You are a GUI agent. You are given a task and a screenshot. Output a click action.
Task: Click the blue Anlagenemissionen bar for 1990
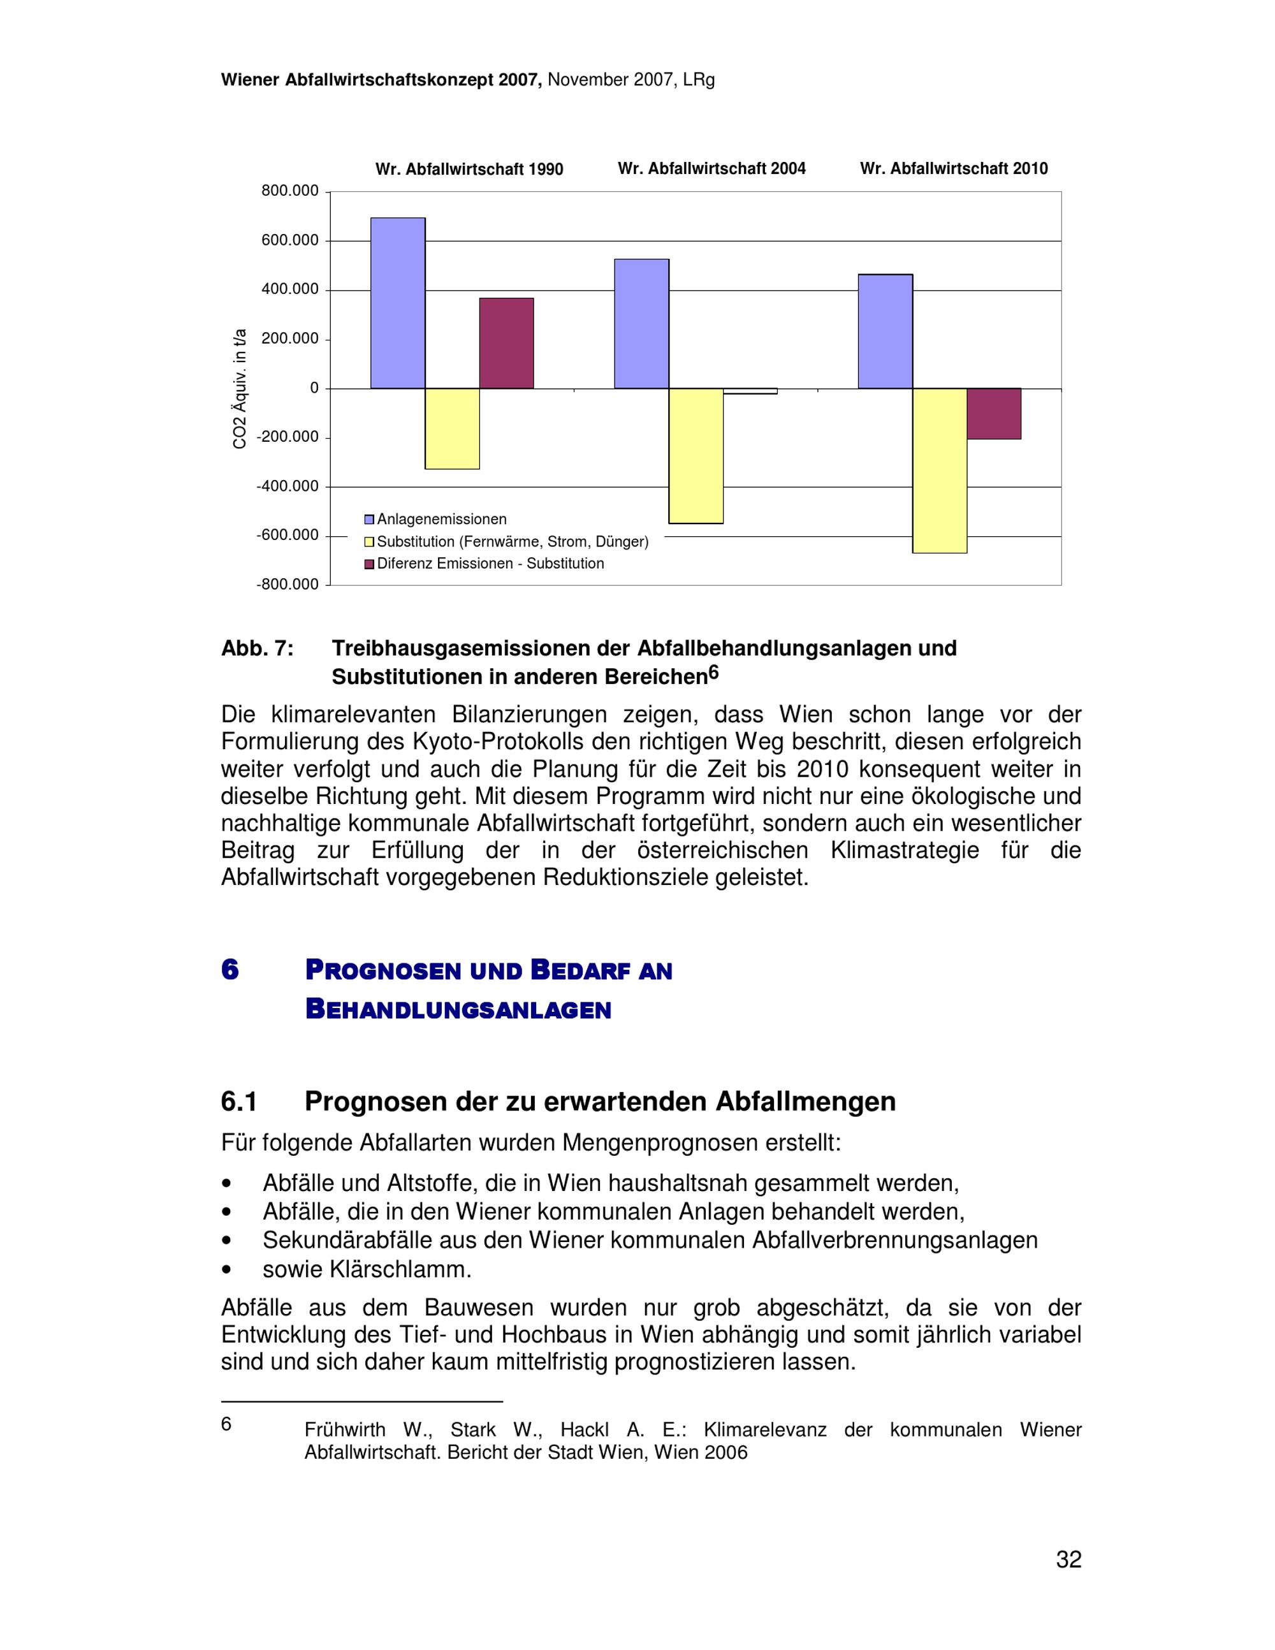coord(397,303)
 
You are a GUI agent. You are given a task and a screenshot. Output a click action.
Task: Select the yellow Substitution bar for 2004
coord(696,456)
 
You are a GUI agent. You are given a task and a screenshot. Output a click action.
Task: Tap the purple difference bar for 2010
coord(994,413)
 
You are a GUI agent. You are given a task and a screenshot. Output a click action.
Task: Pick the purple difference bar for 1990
coord(506,343)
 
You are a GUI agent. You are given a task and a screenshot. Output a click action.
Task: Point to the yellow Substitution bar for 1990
coord(452,428)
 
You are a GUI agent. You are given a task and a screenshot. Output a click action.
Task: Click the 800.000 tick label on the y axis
coord(290,191)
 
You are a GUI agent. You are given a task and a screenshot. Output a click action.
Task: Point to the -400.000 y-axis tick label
coord(288,486)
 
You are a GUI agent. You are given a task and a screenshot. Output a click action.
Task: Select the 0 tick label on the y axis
coord(314,388)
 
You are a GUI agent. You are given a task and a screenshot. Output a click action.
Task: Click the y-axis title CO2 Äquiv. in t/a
coord(240,388)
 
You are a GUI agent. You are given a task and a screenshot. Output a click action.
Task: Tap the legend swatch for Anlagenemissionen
coord(369,520)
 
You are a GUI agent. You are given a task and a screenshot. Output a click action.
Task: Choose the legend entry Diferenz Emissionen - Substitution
coord(490,564)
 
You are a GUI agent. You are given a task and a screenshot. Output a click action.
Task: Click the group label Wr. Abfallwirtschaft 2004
coord(711,168)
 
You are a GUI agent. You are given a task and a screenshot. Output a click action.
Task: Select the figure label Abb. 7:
coord(257,648)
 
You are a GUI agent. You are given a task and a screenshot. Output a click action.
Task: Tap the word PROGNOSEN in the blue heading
coord(383,970)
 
